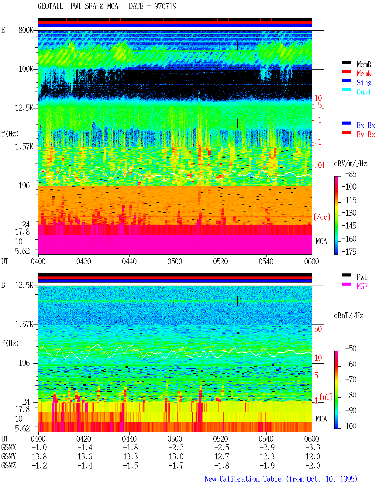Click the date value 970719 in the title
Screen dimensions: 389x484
pos(165,6)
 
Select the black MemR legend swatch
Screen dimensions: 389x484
pos(346,62)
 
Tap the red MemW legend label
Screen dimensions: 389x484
pos(364,74)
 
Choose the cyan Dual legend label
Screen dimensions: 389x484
pos(363,92)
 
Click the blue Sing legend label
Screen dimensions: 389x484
pos(364,83)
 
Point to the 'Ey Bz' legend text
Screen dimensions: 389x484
pos(366,135)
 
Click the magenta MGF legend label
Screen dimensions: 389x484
pos(362,286)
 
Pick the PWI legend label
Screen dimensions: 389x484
pos(362,277)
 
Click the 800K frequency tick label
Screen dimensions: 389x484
pos(26,30)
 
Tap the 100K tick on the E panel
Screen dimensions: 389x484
pos(26,69)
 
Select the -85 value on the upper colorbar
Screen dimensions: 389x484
pos(351,174)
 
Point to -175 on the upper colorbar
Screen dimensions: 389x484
pos(349,252)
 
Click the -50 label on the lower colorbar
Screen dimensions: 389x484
pos(351,348)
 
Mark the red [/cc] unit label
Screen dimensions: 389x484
pos(322,217)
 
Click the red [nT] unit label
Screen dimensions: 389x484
pos(326,397)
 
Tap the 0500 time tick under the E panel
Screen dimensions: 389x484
pos(175,262)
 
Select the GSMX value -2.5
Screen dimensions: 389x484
pos(222,447)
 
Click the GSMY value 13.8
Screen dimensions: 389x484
pos(40,457)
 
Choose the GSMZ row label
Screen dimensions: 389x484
pos(9,465)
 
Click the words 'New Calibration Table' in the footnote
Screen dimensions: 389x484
pos(243,479)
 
